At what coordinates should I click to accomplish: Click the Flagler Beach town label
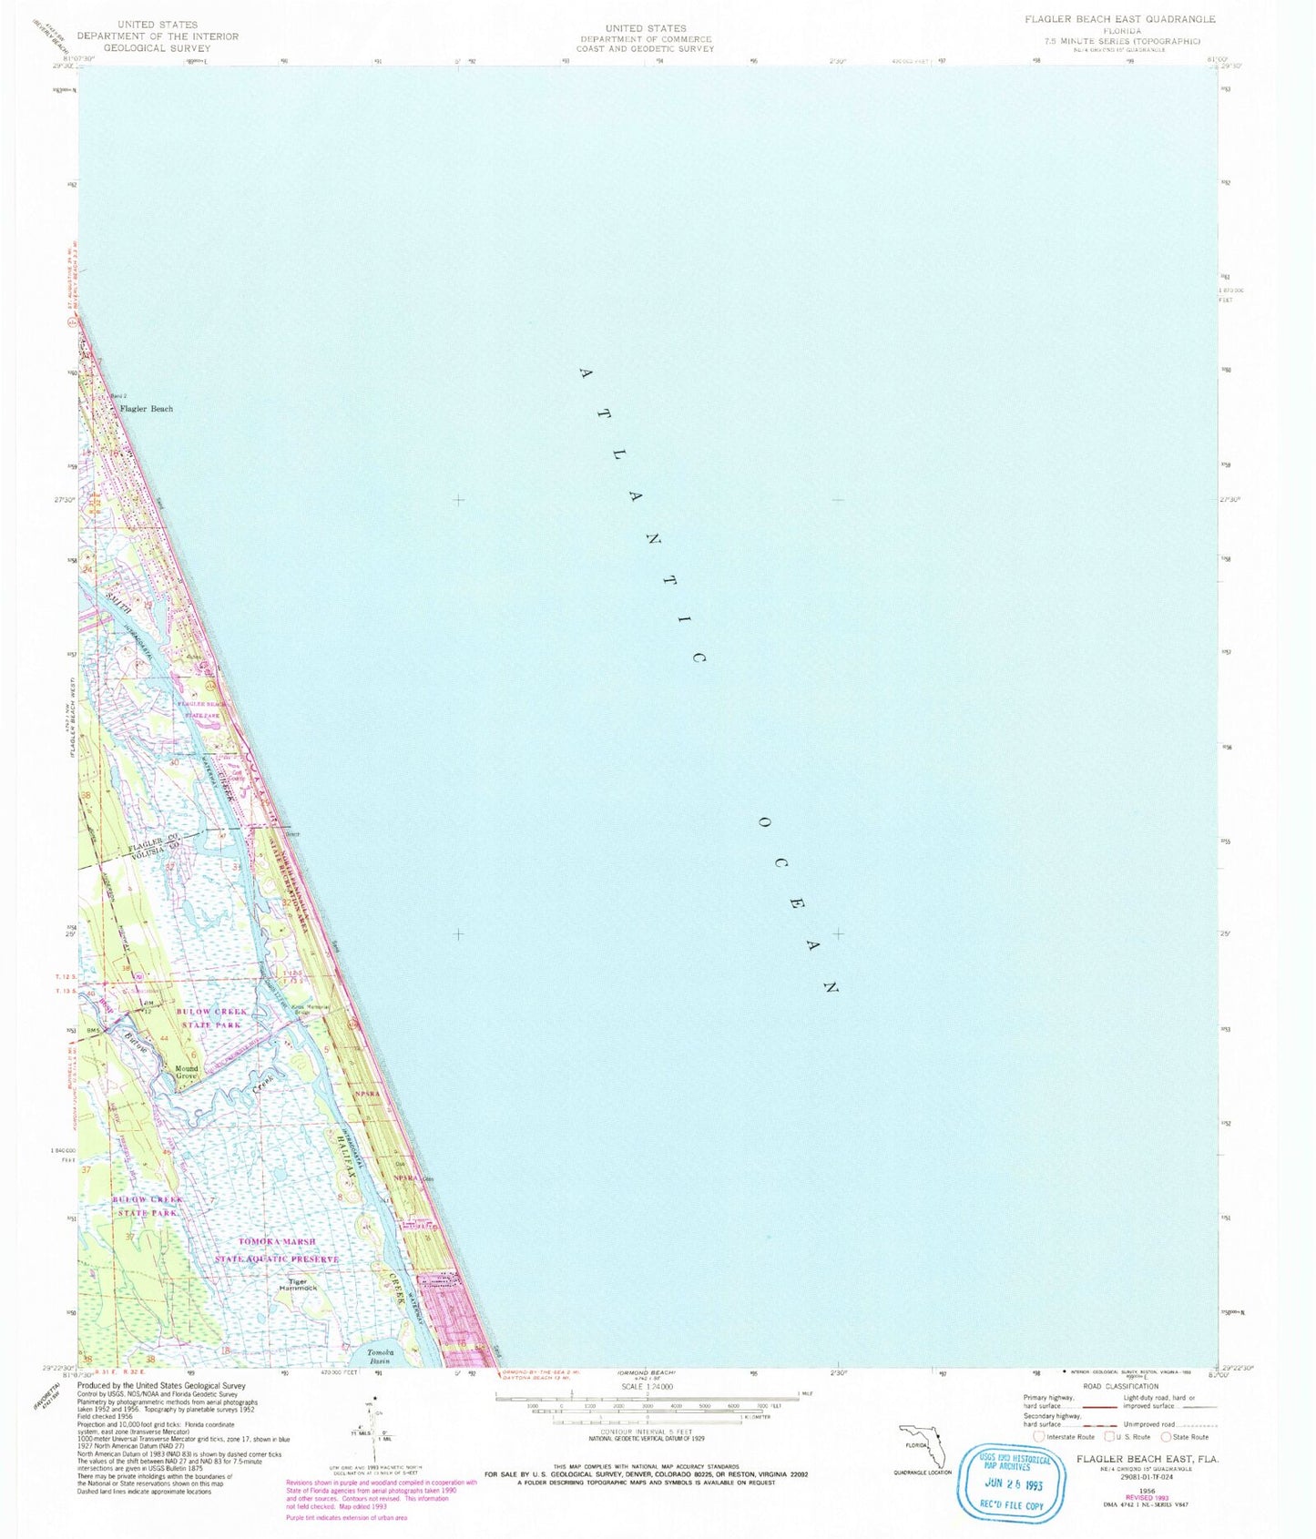(147, 409)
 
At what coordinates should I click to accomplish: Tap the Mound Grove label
(187, 1072)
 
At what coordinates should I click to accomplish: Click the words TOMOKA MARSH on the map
(277, 1241)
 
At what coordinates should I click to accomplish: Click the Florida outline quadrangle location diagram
(923, 1445)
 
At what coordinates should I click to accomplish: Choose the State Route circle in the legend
(1167, 1437)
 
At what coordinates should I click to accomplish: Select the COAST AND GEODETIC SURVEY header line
(645, 49)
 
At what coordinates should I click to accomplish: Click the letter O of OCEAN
(764, 822)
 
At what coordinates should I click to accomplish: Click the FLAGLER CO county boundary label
(147, 841)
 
